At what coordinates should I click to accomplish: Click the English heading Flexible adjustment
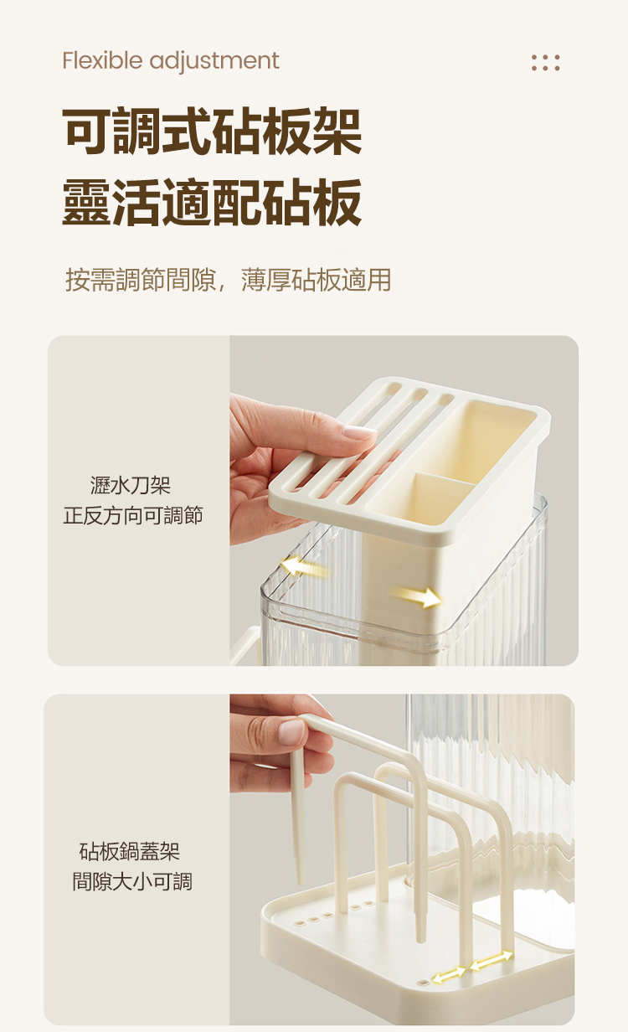tap(170, 61)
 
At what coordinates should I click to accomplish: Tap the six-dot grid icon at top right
tap(546, 63)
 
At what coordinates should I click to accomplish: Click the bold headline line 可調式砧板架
tap(212, 131)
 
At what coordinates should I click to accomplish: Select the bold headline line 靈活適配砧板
tap(212, 202)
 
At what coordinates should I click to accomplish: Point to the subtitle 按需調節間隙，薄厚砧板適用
tap(228, 280)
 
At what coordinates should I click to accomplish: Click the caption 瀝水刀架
tap(131, 486)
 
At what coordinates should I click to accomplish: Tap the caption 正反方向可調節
tap(133, 515)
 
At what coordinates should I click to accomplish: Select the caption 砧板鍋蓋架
tap(130, 851)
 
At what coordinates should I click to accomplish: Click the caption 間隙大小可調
tap(132, 881)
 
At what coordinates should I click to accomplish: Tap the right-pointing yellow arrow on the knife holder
tap(416, 597)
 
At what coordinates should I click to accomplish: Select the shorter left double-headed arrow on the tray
tap(449, 973)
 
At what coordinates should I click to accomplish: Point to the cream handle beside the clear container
tap(243, 646)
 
